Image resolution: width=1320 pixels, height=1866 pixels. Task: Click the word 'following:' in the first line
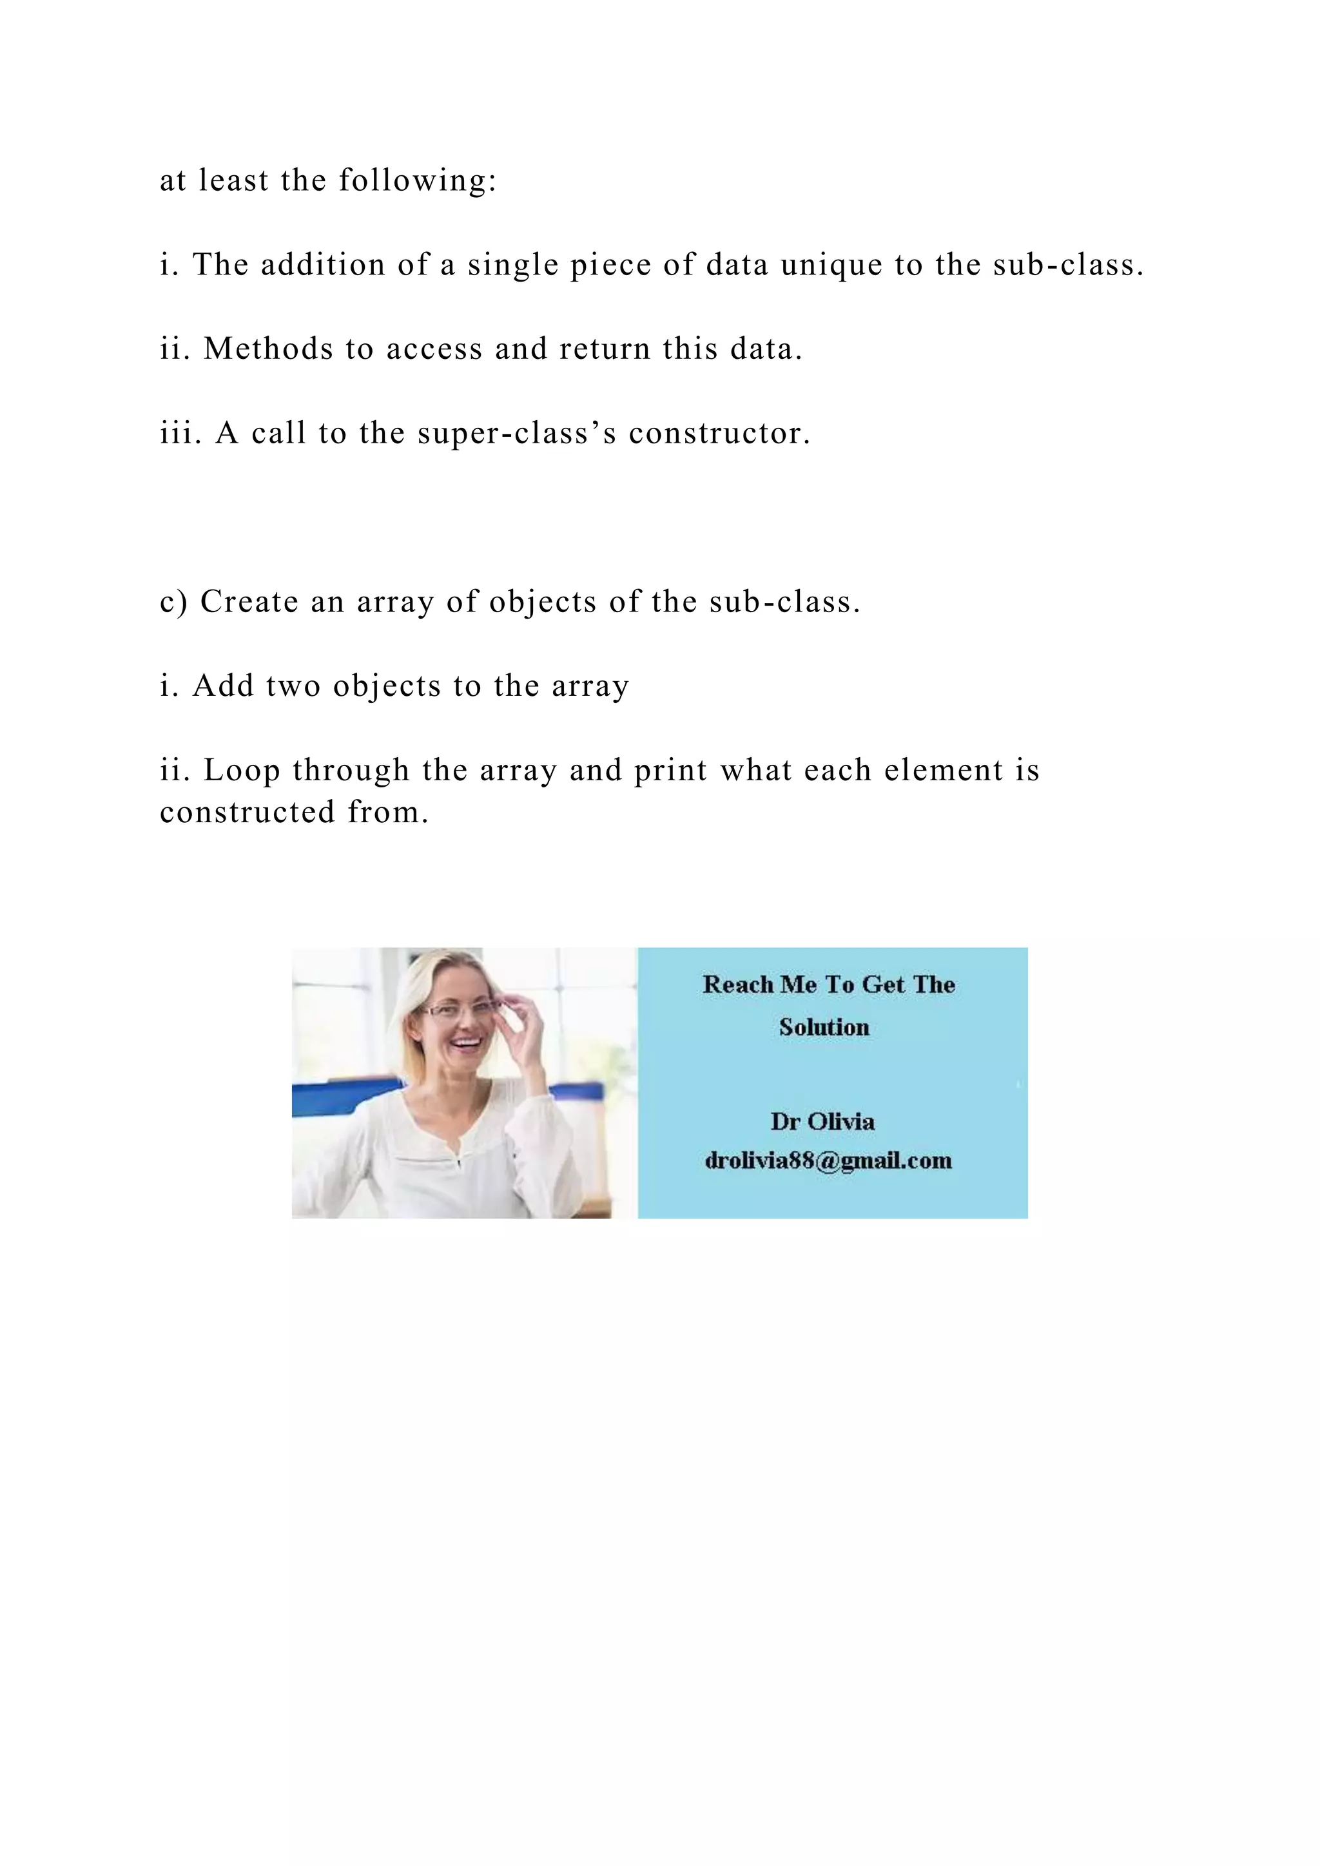(x=417, y=180)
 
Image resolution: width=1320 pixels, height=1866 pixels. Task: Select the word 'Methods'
(x=267, y=349)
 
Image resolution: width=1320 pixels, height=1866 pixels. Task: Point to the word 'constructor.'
(x=719, y=433)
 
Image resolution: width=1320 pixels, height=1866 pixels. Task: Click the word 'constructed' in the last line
(x=247, y=812)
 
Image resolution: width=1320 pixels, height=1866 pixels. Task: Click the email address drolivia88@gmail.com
(x=828, y=1160)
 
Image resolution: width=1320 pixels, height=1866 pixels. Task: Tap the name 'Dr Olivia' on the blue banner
(x=822, y=1122)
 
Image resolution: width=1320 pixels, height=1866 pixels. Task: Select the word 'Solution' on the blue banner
(x=823, y=1027)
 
